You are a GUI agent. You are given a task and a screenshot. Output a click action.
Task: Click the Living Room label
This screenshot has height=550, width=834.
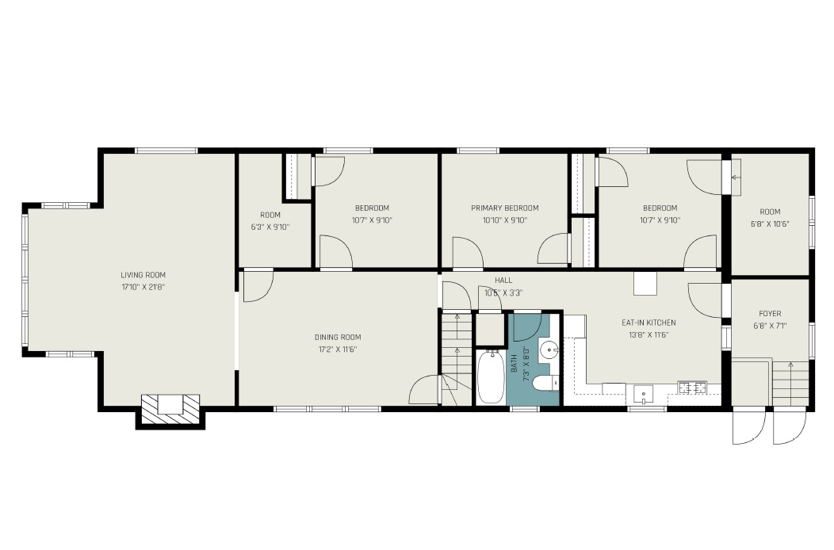143,275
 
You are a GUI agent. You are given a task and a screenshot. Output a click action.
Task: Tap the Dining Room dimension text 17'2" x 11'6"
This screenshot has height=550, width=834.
338,349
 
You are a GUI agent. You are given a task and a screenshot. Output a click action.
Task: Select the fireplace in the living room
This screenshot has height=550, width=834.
170,409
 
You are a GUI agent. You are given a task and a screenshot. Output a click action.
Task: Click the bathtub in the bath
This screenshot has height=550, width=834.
491,376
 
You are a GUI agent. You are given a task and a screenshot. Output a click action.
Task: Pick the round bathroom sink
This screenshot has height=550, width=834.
548,350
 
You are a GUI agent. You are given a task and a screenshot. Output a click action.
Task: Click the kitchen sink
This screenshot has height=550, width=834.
644,394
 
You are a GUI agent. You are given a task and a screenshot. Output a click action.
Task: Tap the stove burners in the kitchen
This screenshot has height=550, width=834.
692,388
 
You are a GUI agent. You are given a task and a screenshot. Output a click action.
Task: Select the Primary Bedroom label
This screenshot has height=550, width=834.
505,208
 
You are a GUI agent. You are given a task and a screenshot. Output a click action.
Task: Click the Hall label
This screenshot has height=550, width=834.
503,281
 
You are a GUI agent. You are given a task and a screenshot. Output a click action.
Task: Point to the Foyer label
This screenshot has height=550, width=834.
770,314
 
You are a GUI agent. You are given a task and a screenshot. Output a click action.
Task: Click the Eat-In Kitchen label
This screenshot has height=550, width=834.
649,323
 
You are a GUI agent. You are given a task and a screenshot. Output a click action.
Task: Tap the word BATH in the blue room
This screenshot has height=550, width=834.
514,363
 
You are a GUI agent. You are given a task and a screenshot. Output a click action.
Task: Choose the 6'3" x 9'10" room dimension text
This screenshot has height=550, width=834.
270,227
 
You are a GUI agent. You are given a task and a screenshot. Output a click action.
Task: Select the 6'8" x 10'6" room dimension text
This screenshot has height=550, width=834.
770,224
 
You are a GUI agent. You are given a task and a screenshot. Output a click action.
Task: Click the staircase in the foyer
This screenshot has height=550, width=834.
790,383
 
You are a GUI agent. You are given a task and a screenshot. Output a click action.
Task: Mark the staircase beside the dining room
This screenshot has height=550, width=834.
457,358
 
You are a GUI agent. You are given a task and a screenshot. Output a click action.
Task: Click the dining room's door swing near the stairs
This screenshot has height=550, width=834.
424,389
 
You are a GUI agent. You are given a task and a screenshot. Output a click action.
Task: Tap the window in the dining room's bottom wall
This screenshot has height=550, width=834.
327,409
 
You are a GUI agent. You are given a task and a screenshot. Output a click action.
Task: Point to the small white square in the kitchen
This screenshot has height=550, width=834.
645,284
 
